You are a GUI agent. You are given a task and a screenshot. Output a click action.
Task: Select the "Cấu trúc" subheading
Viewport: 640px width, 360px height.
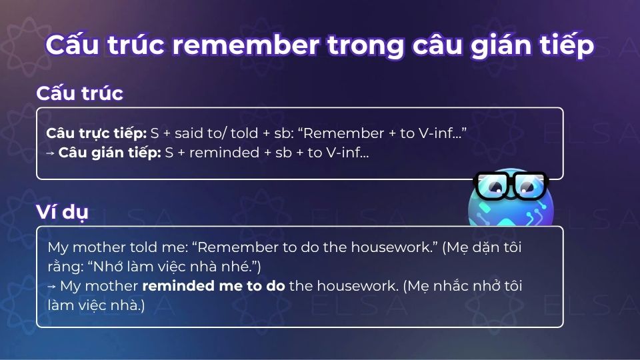click(x=79, y=93)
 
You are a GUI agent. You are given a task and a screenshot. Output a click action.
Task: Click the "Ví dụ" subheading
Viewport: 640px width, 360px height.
click(x=62, y=213)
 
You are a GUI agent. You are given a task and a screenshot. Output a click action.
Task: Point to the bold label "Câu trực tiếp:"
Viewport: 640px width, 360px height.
click(x=97, y=133)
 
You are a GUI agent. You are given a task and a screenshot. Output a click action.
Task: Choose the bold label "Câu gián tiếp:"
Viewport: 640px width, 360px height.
click(x=110, y=153)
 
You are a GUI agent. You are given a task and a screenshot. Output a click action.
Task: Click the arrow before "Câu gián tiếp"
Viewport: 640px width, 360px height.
click(x=51, y=153)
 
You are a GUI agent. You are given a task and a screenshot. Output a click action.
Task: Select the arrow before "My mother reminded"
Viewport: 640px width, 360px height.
click(x=52, y=286)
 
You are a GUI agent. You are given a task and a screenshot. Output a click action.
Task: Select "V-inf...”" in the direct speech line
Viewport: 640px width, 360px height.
click(x=441, y=133)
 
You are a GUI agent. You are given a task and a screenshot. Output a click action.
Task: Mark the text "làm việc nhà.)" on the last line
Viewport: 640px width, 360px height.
click(x=95, y=305)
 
